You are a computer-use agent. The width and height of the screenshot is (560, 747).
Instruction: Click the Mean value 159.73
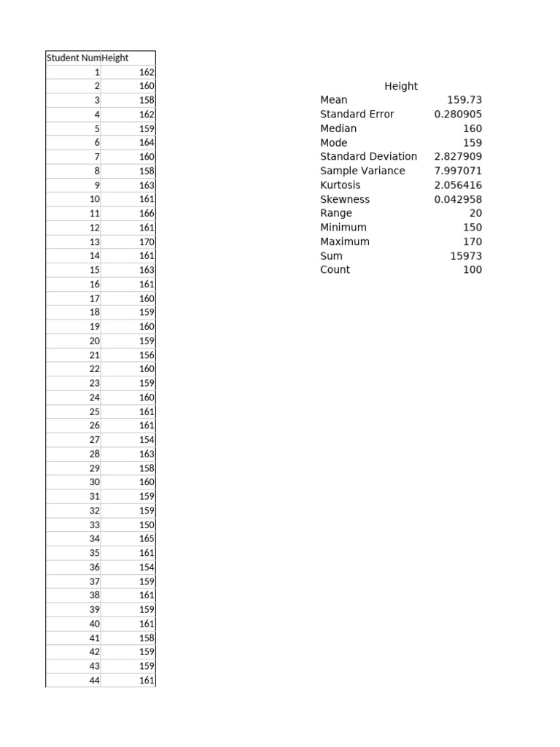464,100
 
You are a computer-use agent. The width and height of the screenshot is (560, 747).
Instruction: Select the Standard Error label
357,115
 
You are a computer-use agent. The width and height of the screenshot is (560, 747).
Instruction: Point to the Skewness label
345,199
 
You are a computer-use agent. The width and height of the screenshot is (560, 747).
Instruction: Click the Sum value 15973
466,256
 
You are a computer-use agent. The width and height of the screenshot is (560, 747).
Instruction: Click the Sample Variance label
362,171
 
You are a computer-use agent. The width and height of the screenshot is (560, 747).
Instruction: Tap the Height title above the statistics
401,86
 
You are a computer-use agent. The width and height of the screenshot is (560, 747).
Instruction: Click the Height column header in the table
116,58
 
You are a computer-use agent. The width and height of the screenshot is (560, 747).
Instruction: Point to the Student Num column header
74,58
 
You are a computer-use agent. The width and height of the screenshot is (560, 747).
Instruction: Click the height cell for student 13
147,241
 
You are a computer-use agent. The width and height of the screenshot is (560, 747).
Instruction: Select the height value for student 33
147,525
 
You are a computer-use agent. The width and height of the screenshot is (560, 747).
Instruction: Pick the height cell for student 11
147,213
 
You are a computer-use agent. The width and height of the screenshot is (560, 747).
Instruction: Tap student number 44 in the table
95,681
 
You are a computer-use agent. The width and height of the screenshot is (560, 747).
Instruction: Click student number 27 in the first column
95,440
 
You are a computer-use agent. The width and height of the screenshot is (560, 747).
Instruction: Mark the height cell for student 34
147,539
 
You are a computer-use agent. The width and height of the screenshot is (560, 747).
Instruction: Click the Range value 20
475,213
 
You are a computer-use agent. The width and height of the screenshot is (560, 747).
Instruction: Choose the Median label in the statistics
338,128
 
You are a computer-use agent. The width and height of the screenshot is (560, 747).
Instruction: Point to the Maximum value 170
472,241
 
